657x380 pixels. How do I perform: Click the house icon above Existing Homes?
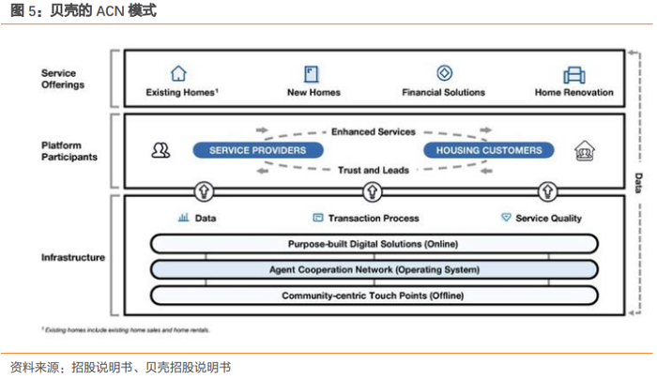click(178, 73)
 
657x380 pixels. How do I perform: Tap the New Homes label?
click(313, 93)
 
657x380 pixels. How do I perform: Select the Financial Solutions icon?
click(444, 73)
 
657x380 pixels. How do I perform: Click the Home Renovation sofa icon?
click(573, 74)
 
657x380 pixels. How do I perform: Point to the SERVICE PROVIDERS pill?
click(257, 150)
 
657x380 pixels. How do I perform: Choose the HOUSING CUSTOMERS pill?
click(489, 150)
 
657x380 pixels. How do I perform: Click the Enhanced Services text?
click(374, 132)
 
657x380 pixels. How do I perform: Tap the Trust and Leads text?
click(373, 169)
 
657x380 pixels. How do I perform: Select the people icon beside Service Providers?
click(160, 150)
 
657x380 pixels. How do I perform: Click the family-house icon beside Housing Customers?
click(585, 151)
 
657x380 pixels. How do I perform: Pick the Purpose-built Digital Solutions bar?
click(374, 244)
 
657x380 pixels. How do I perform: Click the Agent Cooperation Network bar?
click(374, 270)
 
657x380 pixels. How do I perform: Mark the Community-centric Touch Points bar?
click(374, 296)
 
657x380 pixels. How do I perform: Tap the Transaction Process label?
click(374, 218)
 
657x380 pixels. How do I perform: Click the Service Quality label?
click(548, 218)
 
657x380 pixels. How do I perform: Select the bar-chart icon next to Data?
click(183, 217)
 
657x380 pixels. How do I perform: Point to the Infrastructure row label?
click(72, 257)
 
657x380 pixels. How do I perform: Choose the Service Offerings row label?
click(62, 79)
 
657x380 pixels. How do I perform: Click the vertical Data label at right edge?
click(638, 181)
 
